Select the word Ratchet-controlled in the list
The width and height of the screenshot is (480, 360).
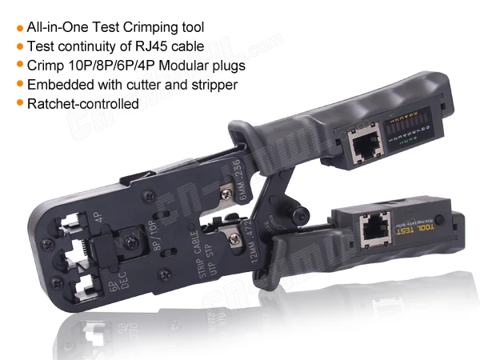[82, 103]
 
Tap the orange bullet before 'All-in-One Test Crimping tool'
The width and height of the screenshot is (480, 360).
[19, 27]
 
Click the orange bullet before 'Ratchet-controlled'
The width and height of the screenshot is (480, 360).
[19, 103]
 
